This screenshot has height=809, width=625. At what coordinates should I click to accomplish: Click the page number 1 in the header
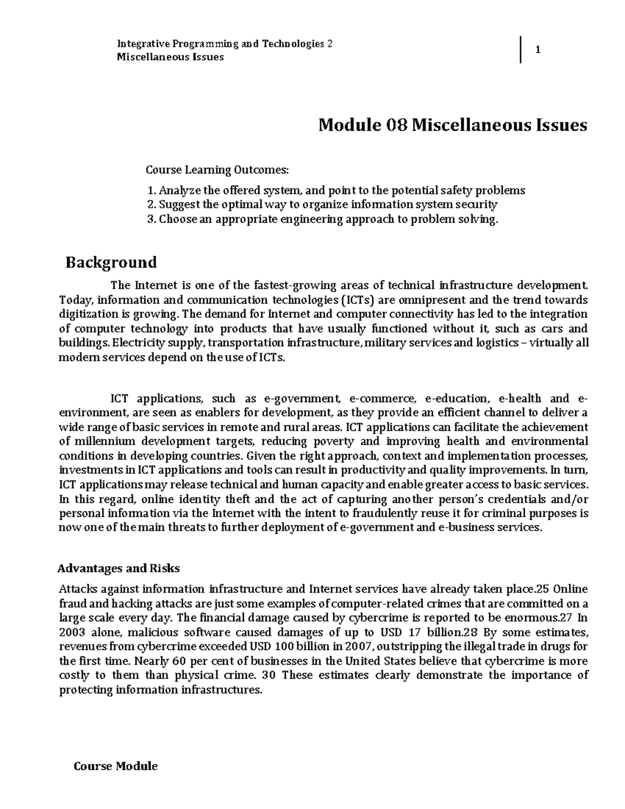tap(539, 51)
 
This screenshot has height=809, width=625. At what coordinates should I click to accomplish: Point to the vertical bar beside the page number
tap(520, 50)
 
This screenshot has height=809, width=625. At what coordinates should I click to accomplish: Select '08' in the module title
tap(396, 126)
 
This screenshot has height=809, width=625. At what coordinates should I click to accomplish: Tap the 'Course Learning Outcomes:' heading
tap(216, 170)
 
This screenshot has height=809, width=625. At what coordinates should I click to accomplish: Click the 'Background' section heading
tap(111, 262)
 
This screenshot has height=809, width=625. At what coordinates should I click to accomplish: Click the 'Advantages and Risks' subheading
tap(118, 568)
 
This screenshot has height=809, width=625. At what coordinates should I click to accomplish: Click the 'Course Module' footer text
tap(116, 766)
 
